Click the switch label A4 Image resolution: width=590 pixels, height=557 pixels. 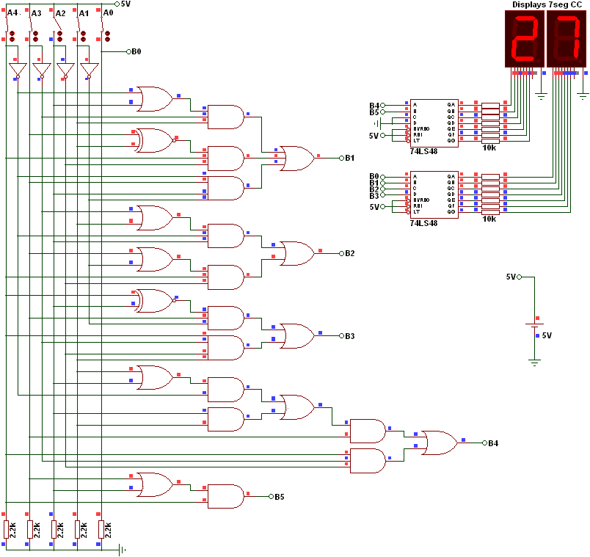pyautogui.click(x=12, y=13)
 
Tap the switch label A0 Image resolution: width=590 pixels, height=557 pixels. pyautogui.click(x=108, y=13)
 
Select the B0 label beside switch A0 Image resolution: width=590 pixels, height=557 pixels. pyautogui.click(x=136, y=52)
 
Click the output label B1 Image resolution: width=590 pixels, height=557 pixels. pyautogui.click(x=350, y=158)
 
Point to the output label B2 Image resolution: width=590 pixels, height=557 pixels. pyautogui.click(x=350, y=253)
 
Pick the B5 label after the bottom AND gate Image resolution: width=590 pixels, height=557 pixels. pyautogui.click(x=280, y=497)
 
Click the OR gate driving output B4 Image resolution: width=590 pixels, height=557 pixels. pyautogui.click(x=439, y=443)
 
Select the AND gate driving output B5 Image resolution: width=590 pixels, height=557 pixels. pyautogui.click(x=226, y=496)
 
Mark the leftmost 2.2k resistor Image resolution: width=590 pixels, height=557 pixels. pyautogui.click(x=6, y=529)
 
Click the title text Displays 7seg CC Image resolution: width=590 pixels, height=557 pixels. pyautogui.click(x=547, y=4)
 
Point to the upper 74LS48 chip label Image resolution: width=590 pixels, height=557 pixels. pyautogui.click(x=424, y=151)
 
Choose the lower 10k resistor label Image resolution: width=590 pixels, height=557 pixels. pyautogui.click(x=489, y=219)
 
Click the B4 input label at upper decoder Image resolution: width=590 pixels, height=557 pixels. pyautogui.click(x=374, y=105)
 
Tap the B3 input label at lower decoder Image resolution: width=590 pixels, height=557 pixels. pyautogui.click(x=374, y=196)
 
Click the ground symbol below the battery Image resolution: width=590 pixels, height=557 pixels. pyautogui.click(x=535, y=361)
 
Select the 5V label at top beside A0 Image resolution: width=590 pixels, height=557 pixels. pyautogui.click(x=125, y=4)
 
